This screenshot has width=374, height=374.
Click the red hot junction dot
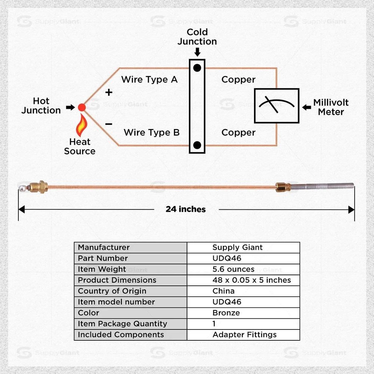[x=82, y=107]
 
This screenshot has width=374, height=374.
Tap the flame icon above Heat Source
[x=81, y=126]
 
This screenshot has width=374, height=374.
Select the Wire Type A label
[x=150, y=80]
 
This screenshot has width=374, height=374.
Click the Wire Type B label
[x=151, y=132]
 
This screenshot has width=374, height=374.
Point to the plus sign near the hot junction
[x=109, y=92]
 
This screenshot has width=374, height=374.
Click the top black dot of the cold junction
[x=197, y=68]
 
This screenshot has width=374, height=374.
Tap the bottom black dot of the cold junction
[x=197, y=145]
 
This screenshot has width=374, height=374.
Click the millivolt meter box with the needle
[x=276, y=105]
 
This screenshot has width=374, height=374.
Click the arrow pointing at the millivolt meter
[x=307, y=107]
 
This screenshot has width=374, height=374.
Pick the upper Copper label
[x=238, y=80]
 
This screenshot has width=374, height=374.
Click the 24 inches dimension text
[x=186, y=209]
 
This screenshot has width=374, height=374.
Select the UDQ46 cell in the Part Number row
[x=227, y=258]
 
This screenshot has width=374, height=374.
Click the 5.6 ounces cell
[x=233, y=269]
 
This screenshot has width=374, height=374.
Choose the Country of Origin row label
[x=112, y=291]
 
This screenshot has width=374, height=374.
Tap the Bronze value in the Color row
[x=226, y=313]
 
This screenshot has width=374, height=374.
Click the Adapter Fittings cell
[x=245, y=335]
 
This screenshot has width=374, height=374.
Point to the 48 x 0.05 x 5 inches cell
[x=251, y=280]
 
